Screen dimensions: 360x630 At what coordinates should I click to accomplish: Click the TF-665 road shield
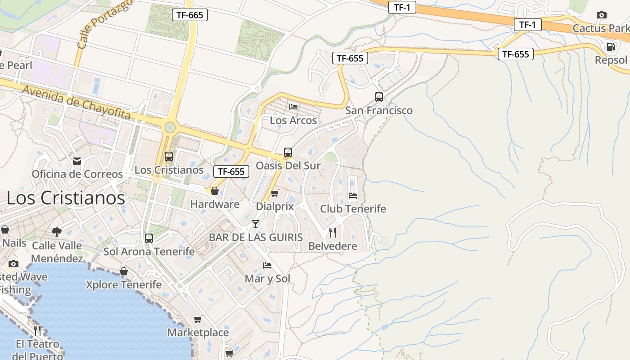click(x=190, y=15)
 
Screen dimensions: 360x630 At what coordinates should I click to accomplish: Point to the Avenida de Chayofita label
click(x=76, y=102)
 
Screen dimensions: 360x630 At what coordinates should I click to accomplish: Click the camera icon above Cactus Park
click(x=601, y=15)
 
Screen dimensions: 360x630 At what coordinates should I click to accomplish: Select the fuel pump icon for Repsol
click(x=611, y=46)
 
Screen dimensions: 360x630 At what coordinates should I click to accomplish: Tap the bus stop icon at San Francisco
click(x=378, y=97)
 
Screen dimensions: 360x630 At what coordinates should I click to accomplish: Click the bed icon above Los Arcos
click(x=293, y=107)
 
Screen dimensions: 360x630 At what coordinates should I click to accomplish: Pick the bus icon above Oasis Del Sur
click(x=288, y=152)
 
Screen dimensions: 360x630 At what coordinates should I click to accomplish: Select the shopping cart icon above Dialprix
click(x=274, y=193)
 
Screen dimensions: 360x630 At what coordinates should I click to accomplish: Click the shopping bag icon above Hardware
click(x=215, y=191)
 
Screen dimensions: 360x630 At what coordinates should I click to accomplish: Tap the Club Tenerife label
click(x=353, y=209)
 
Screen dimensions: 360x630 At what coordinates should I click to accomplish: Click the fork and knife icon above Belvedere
click(x=333, y=232)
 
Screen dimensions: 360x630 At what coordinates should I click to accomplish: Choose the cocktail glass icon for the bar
click(x=256, y=224)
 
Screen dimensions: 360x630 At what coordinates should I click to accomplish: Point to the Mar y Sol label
click(x=267, y=279)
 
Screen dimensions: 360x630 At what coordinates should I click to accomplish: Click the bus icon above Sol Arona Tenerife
click(x=149, y=238)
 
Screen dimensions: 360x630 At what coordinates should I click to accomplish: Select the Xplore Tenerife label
click(x=123, y=284)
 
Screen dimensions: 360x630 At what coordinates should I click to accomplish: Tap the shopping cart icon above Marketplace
click(x=198, y=319)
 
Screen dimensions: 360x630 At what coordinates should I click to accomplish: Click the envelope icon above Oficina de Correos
click(x=77, y=161)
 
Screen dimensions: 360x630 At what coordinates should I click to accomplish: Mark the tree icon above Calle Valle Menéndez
click(x=56, y=232)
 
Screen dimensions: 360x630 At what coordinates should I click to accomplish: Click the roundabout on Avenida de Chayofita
click(x=170, y=127)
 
